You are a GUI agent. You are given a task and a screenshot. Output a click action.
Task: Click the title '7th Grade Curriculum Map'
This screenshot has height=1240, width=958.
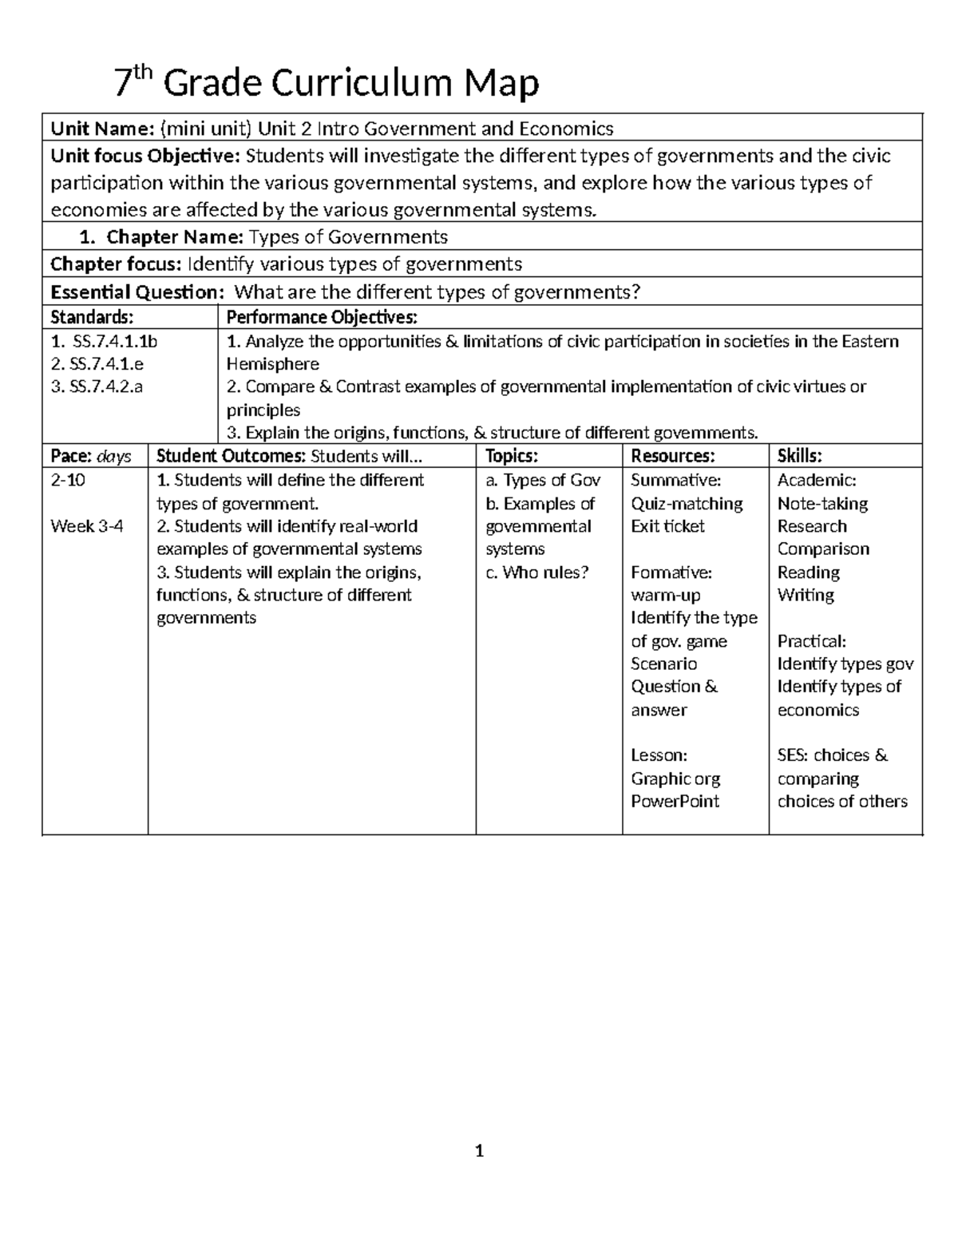(326, 83)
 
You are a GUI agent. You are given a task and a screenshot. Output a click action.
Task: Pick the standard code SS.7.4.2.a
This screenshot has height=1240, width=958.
(97, 387)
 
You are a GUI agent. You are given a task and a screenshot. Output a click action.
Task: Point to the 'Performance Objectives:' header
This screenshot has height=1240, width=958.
(322, 318)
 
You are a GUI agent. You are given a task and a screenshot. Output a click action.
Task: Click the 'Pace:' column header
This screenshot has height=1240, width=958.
(70, 456)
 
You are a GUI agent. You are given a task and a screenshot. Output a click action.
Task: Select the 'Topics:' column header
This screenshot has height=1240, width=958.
(512, 456)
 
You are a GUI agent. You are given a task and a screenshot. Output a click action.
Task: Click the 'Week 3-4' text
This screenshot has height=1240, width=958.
(87, 526)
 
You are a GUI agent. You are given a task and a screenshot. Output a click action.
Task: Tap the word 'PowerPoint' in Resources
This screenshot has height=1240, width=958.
(675, 802)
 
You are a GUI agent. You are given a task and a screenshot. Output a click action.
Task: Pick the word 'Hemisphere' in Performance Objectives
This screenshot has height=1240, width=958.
(273, 364)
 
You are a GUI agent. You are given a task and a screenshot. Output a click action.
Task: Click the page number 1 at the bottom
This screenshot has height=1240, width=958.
(479, 1151)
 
